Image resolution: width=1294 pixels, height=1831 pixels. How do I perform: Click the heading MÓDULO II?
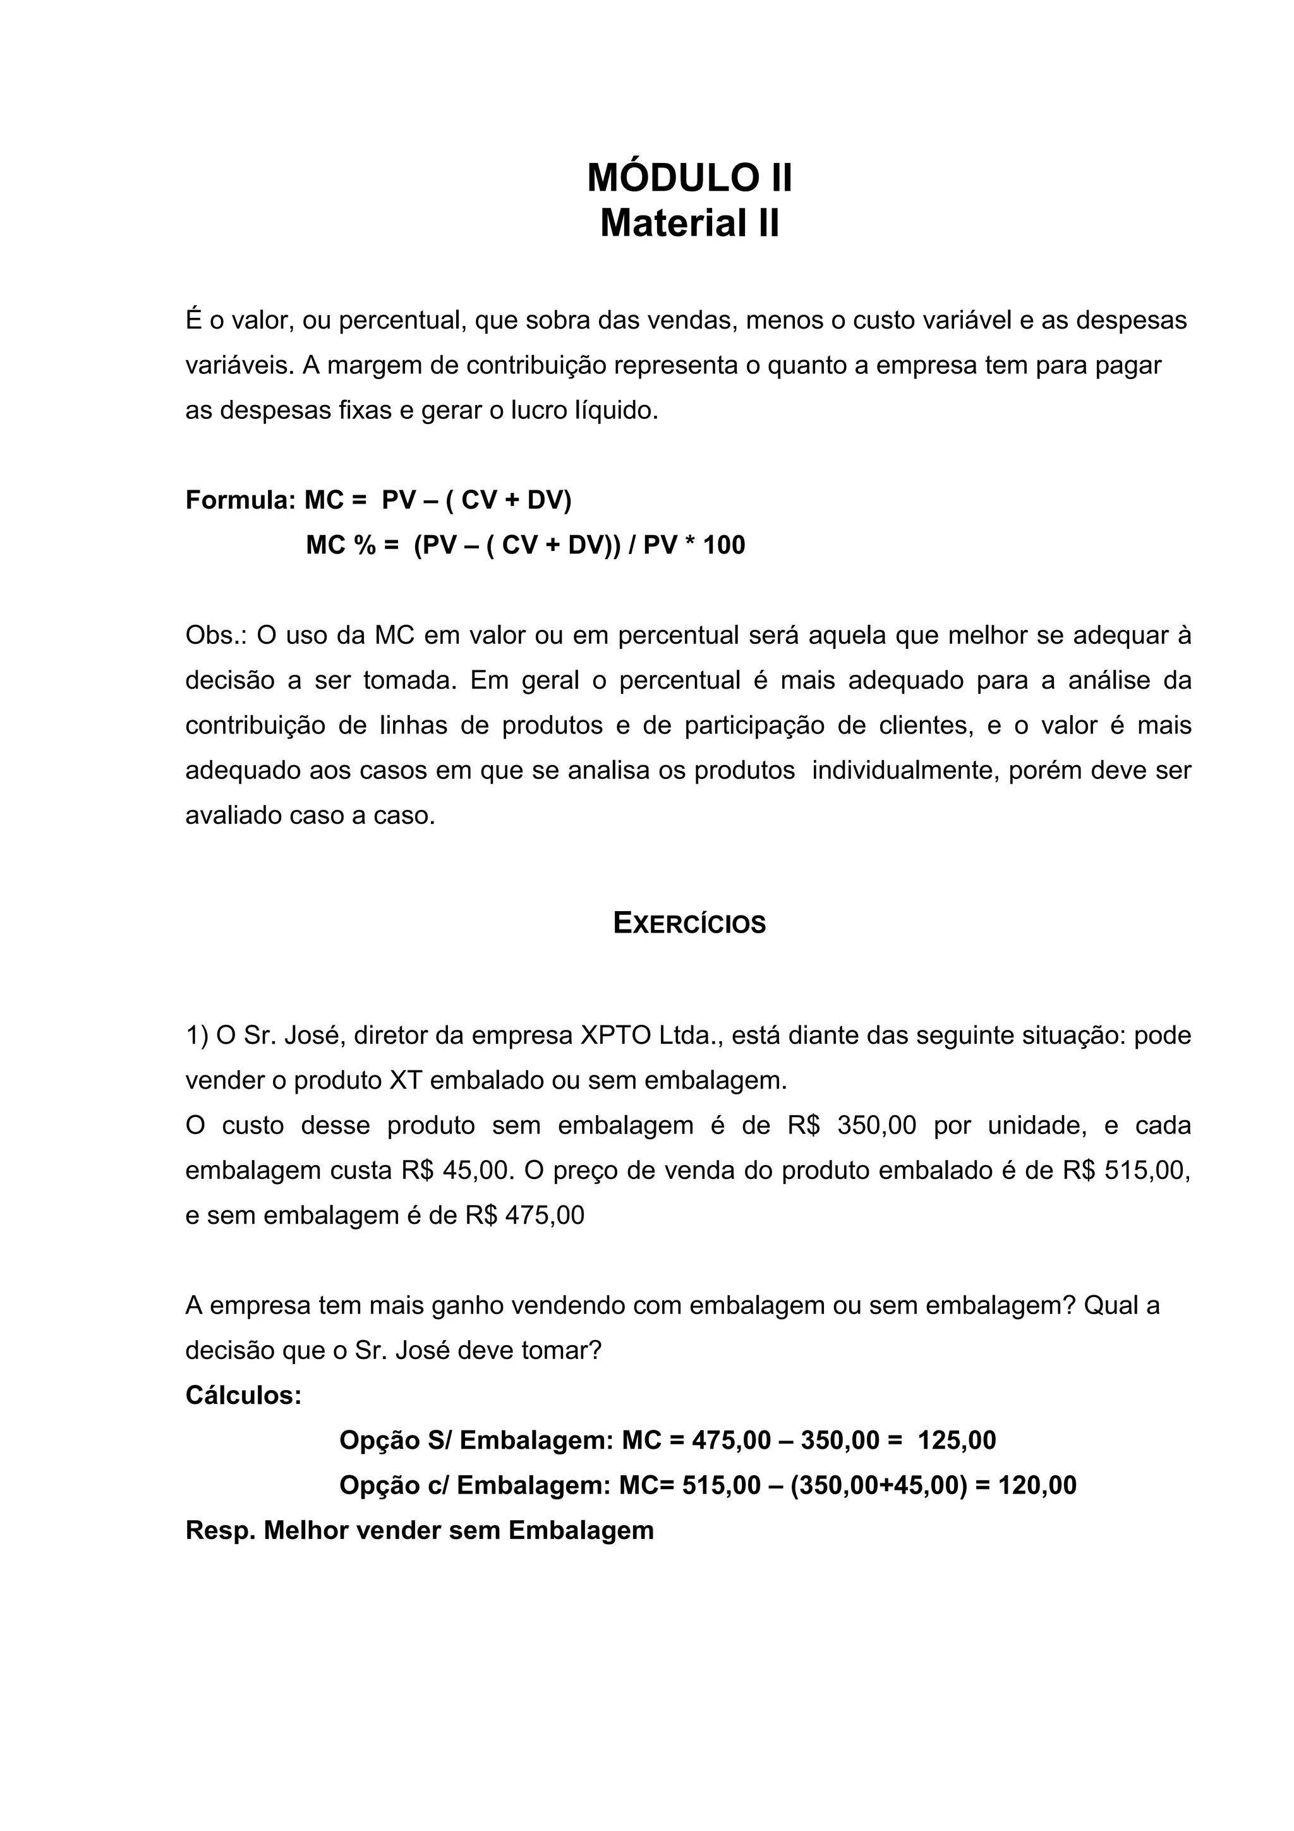[x=690, y=178]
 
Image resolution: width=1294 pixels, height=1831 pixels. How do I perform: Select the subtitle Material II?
[x=690, y=223]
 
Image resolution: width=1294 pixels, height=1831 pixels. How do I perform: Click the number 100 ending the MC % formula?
[x=724, y=545]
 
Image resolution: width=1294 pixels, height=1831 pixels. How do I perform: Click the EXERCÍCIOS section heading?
[x=690, y=924]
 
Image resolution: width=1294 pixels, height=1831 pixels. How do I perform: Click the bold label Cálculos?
[x=243, y=1396]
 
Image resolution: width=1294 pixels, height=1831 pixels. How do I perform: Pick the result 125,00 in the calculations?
[x=957, y=1441]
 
